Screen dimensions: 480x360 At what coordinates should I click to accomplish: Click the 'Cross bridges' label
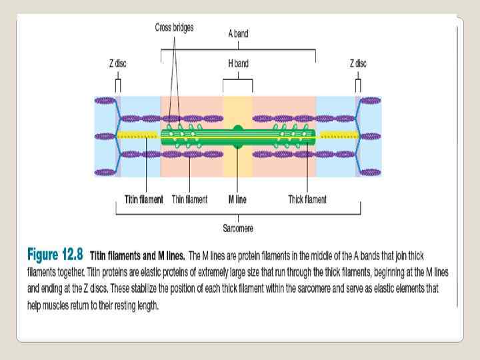tap(174, 28)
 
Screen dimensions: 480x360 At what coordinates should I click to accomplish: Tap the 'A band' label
tap(238, 35)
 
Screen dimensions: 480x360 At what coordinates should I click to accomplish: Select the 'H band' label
tap(238, 64)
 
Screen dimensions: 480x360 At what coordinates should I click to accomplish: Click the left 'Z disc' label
tap(117, 64)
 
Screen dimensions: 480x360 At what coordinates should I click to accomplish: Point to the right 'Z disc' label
tap(357, 64)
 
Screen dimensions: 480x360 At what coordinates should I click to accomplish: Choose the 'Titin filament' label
tap(144, 199)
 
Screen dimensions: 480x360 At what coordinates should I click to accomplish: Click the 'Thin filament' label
tap(189, 199)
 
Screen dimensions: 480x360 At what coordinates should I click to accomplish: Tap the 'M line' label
tap(238, 199)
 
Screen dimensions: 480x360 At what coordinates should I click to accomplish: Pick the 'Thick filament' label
tap(307, 199)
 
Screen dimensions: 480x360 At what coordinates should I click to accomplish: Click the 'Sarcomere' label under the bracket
tap(237, 228)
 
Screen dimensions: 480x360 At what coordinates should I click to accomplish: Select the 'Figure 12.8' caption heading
tap(55, 255)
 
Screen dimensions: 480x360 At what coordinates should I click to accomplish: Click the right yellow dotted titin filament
tap(339, 136)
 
